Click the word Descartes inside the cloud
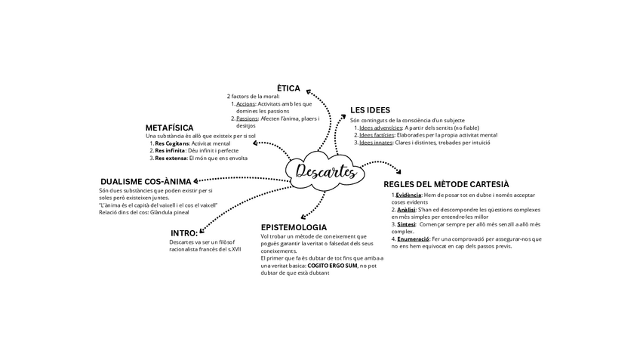click(325, 171)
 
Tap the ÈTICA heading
click(288, 88)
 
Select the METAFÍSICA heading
click(169, 128)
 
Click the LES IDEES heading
click(370, 110)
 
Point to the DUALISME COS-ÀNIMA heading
click(146, 181)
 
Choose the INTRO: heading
click(184, 232)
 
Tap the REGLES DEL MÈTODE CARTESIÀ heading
click(446, 184)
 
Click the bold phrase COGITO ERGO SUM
click(332, 266)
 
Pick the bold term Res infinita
click(171, 151)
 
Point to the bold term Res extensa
click(171, 158)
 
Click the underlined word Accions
click(245, 104)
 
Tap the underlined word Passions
click(247, 118)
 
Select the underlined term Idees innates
click(376, 143)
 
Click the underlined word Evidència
click(408, 195)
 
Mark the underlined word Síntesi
click(406, 224)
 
